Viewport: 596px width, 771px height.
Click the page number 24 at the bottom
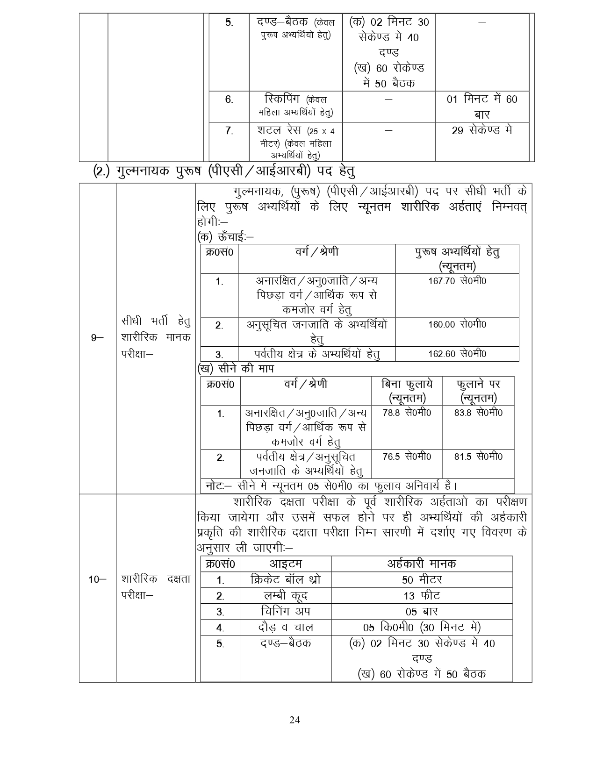294,720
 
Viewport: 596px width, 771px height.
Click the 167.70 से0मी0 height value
457,281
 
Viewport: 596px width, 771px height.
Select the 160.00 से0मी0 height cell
457,324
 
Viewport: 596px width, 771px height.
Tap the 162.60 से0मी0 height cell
457,354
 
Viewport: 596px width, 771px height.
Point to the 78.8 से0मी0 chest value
407,413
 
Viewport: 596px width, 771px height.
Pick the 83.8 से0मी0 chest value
478,413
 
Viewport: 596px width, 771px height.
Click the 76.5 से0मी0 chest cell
407,457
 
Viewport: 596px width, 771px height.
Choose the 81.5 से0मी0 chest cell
478,457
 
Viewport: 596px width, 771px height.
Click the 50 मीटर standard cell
422,580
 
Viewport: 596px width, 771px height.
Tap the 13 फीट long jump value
422,596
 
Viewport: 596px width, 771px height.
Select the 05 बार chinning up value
422,612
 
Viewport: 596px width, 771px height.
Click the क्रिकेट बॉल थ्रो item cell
285,580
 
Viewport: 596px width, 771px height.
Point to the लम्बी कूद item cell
285,596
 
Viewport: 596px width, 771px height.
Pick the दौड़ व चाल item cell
285,628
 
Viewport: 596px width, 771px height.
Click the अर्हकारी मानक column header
422,564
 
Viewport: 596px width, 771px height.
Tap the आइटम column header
285,564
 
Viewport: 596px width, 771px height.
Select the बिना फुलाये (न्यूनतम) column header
407,391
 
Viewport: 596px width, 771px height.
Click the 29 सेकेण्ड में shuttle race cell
482,131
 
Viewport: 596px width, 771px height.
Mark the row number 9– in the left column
97,337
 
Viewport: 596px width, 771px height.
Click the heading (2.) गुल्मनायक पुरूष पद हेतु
224,171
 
